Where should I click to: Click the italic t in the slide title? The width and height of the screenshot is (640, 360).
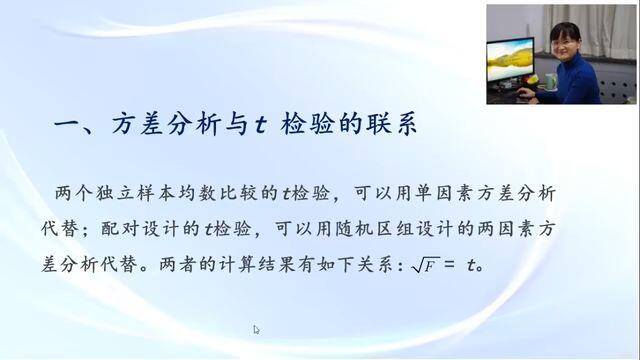point(260,125)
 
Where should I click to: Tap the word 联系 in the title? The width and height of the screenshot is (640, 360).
point(391,123)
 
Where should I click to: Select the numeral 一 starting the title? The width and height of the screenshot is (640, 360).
point(67,124)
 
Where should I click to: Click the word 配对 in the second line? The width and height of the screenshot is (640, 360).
point(120,229)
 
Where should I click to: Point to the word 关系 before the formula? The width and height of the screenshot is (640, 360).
point(376,264)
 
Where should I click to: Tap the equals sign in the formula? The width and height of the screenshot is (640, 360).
point(449,265)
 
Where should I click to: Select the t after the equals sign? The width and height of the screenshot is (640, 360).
point(471,266)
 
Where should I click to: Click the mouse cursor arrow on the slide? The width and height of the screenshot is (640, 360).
point(256,330)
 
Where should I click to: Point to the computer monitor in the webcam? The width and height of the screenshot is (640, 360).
point(511,60)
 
